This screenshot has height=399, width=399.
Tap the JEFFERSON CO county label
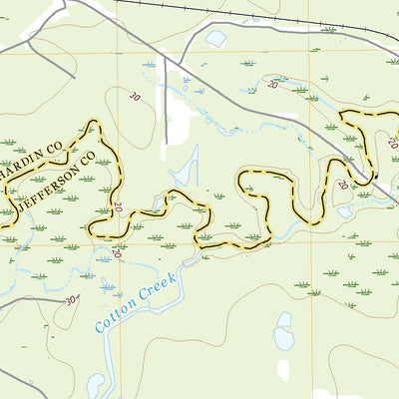tap(56, 181)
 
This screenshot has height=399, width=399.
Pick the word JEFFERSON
tap(48, 186)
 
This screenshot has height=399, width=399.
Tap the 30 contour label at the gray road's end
tap(69, 298)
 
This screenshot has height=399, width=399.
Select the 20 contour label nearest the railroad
tap(272, 86)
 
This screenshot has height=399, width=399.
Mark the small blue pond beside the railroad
tap(214, 39)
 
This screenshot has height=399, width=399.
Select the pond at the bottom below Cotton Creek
tap(96, 384)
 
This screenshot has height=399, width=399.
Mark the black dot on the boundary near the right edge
tap(377, 179)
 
